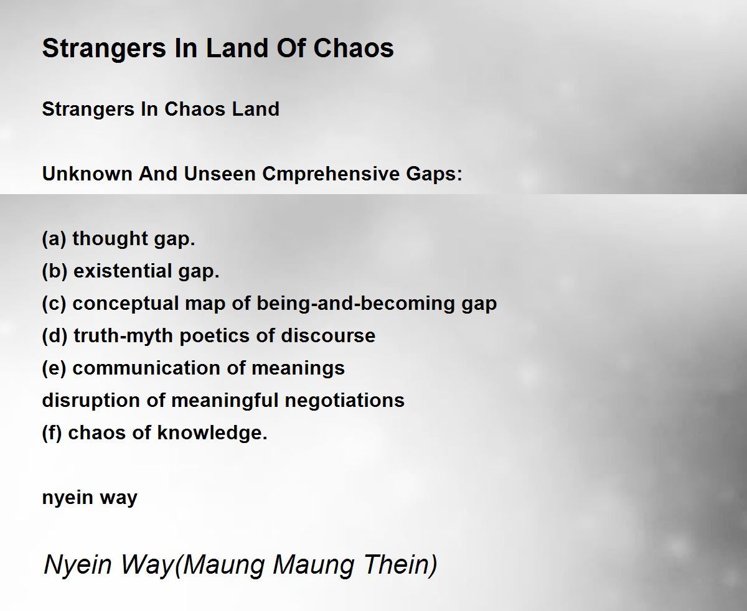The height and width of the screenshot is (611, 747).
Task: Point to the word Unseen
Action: [220, 174]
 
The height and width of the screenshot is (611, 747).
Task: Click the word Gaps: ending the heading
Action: [435, 174]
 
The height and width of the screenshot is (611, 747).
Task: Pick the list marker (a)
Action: [54, 239]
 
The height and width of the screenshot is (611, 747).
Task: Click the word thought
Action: [110, 239]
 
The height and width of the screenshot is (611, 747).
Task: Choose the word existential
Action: [123, 271]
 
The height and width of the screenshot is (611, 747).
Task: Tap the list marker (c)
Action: [54, 304]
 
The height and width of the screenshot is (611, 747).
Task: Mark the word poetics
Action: [215, 336]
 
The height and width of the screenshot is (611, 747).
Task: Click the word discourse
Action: [328, 336]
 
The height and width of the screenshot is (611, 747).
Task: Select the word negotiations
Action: [344, 401]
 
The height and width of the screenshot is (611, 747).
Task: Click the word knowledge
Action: [212, 433]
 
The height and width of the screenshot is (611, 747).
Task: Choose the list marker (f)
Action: [52, 433]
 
